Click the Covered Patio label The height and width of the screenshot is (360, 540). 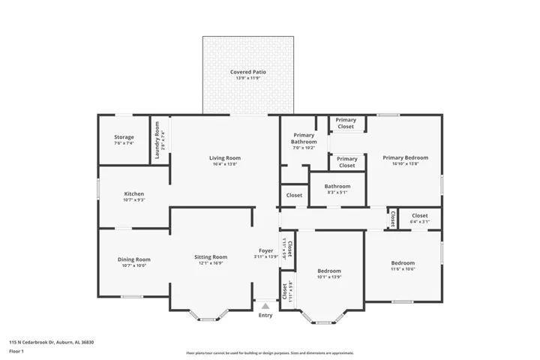pos(247,72)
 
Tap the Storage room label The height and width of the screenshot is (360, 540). pos(124,137)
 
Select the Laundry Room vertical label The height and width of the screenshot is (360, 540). pos(157,140)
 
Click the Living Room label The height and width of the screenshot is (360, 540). pos(224,158)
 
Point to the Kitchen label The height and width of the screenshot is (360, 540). pos(133,194)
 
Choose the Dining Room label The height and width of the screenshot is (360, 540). pos(133,259)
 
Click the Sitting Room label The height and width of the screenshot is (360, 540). pos(211,257)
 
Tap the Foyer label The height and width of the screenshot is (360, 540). pos(265,250)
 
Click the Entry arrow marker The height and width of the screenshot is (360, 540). pos(265,305)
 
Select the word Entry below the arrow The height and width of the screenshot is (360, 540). pos(265,315)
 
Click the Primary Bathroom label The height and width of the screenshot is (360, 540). pos(303,137)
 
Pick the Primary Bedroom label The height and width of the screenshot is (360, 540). pos(405,157)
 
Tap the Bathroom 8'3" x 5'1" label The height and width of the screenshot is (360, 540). pos(337,187)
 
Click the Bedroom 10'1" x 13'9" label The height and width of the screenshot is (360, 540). pos(328,271)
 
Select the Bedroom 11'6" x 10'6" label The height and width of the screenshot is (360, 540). pos(403,263)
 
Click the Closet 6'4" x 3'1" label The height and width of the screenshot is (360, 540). pos(419,216)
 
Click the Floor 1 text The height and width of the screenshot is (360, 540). pos(16,351)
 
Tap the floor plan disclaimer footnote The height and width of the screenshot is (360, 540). pos(269,352)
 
